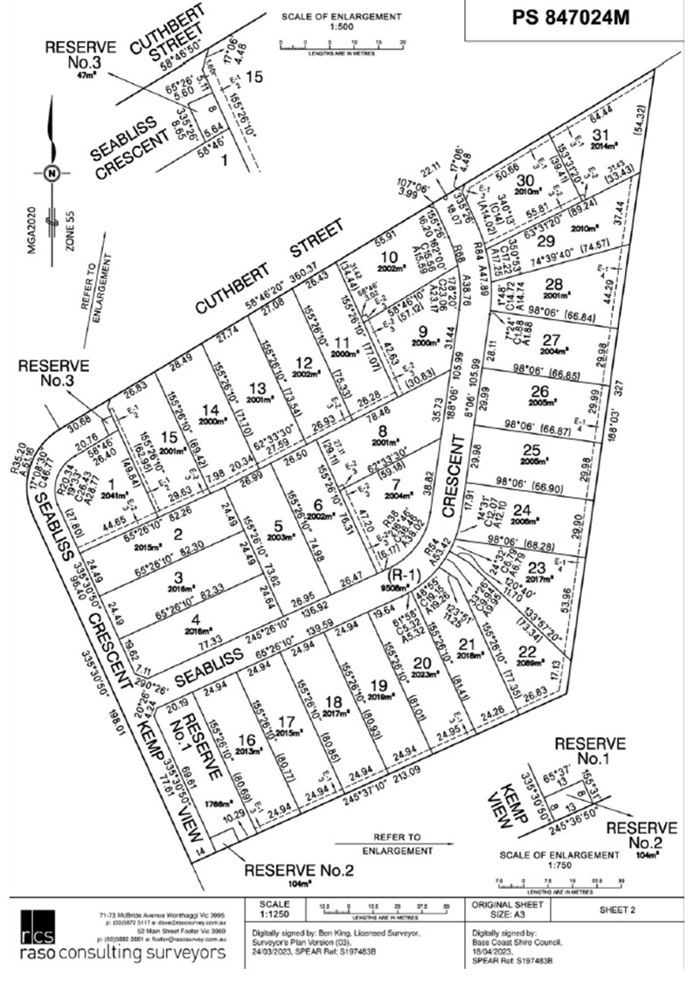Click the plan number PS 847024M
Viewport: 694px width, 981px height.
tap(571, 17)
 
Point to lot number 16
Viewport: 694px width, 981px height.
tap(225, 739)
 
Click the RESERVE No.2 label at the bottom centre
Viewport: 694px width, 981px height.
tap(299, 870)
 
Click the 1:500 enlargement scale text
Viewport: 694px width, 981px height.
tap(342, 26)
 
